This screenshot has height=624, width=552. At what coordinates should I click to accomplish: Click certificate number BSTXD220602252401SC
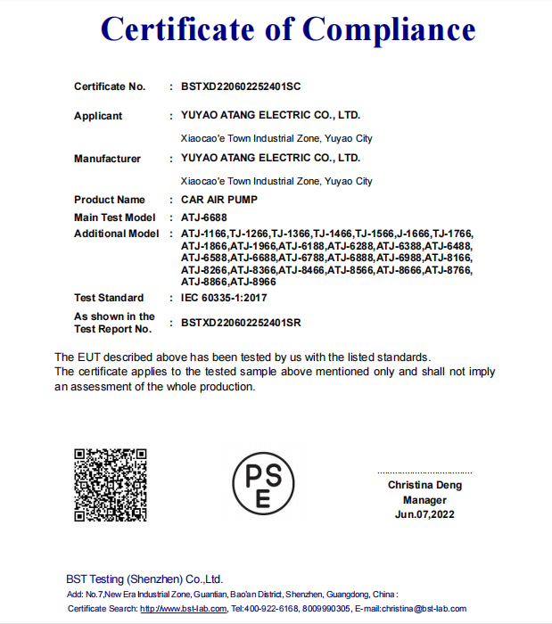click(241, 87)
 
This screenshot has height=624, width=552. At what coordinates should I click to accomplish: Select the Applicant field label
click(98, 116)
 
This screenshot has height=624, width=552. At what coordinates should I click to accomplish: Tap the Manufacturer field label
click(107, 159)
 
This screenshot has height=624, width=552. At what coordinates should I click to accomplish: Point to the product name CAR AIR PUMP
click(218, 201)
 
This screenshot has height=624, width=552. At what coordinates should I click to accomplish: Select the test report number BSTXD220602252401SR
click(241, 323)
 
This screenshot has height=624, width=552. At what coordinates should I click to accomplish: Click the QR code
click(110, 485)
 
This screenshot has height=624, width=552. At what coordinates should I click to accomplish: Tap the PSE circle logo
click(263, 482)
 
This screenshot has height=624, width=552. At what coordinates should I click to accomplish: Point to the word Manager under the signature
click(424, 500)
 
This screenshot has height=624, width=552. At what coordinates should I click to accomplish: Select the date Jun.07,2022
click(424, 514)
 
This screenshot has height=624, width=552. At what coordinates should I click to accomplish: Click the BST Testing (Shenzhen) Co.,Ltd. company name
click(144, 579)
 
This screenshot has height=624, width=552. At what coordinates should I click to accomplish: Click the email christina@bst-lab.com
click(424, 609)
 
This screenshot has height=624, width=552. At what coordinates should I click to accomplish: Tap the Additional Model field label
click(117, 234)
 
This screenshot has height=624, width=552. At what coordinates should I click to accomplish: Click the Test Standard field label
click(109, 298)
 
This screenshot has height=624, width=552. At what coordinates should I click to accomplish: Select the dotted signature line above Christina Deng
click(424, 472)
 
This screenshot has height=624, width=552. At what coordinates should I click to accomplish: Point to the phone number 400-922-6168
click(271, 609)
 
